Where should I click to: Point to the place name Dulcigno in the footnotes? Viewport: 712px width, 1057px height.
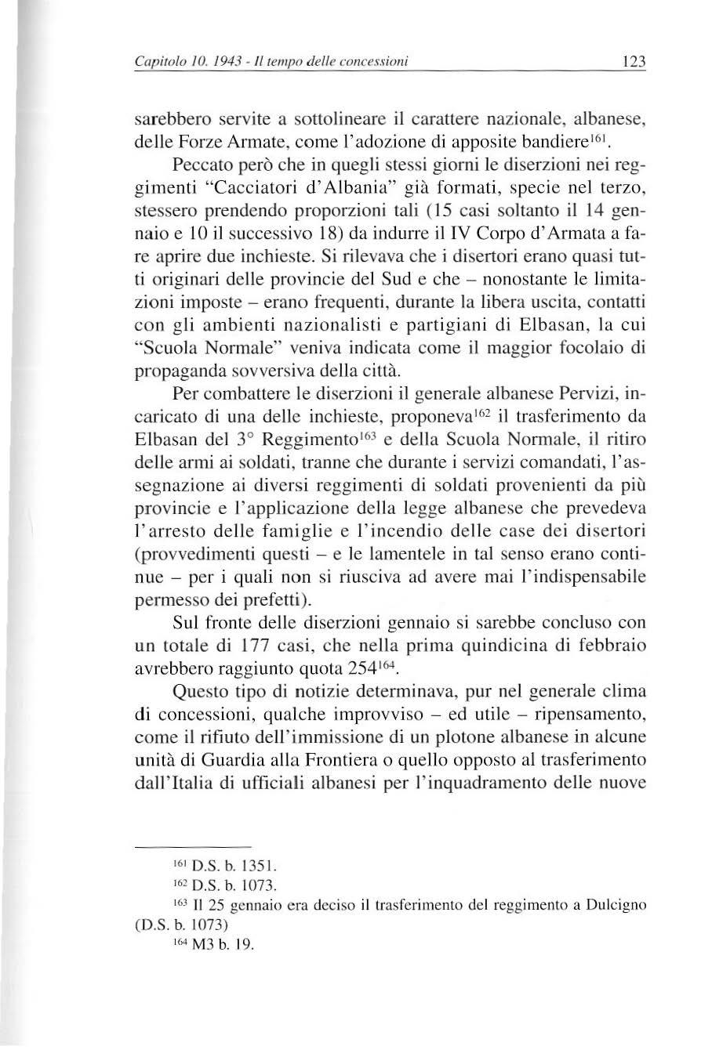[x=615, y=907]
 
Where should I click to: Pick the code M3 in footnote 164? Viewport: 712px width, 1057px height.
[x=192, y=945]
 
